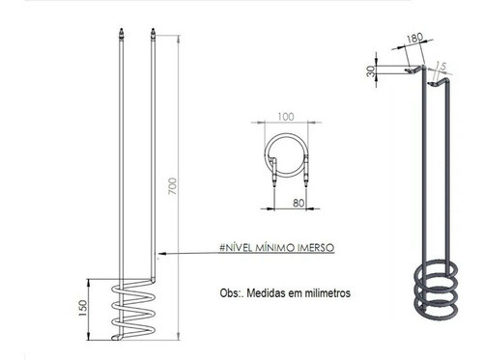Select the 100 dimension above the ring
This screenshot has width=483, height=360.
pos(285,118)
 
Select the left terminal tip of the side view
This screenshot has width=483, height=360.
pos(119,36)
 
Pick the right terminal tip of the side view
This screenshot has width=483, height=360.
pos(153,36)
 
